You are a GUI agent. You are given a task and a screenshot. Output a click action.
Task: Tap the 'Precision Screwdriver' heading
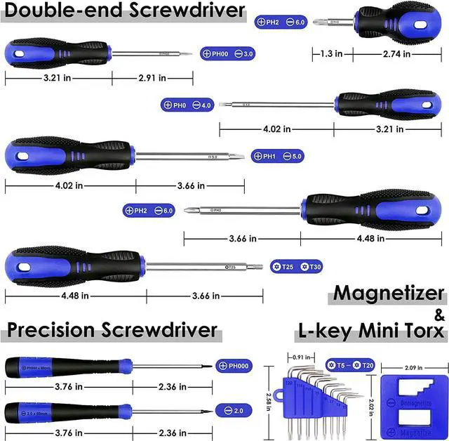point(112,330)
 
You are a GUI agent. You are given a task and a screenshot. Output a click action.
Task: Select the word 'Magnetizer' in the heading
point(389,294)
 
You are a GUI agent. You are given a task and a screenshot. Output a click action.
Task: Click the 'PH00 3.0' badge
point(228,53)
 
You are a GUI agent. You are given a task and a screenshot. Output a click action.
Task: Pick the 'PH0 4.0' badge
point(187,105)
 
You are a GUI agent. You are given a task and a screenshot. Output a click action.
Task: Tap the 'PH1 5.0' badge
point(278,156)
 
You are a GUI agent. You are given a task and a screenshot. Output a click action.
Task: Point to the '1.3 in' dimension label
point(331,53)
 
